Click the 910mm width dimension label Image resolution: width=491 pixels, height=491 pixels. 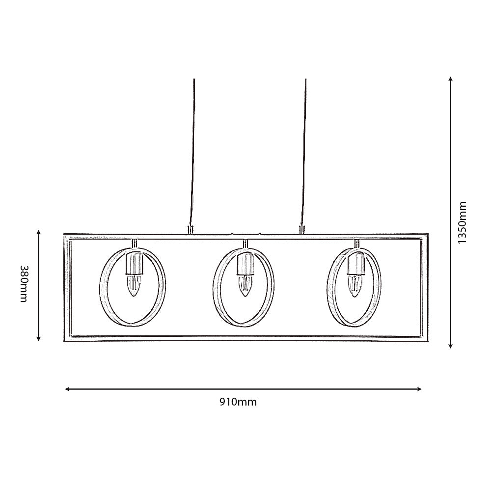click(238, 402)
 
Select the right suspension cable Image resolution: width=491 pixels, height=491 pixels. click(304, 152)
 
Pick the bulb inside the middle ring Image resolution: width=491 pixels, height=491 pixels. click(244, 285)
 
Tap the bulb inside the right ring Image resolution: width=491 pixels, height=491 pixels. click(355, 285)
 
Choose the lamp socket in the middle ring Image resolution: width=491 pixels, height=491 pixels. click(244, 264)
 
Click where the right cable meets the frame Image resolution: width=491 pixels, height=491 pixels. click(301, 230)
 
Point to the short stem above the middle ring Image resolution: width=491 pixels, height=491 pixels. click(245, 244)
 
